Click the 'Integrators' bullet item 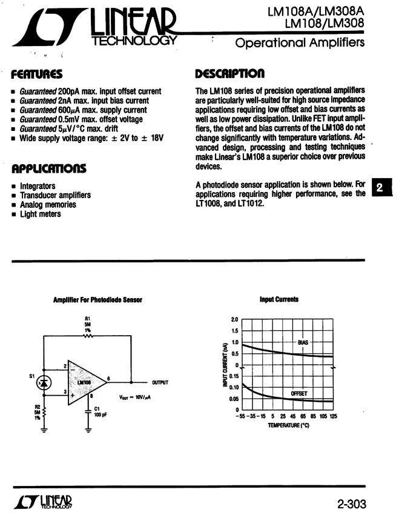click(38, 186)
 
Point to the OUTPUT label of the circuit click(160, 383)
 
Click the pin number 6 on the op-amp click(109, 377)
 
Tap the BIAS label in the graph click(303, 342)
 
